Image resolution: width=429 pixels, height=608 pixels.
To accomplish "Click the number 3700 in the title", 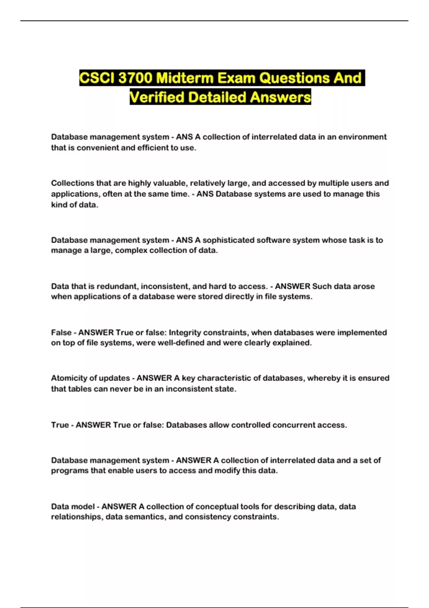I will (x=135, y=78).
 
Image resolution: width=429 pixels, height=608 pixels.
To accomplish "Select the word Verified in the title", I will (x=157, y=97).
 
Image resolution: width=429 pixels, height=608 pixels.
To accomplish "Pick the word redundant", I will (x=117, y=286).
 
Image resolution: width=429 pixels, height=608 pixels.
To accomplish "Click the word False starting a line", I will (x=61, y=332).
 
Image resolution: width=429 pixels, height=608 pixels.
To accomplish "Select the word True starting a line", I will (x=60, y=425).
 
